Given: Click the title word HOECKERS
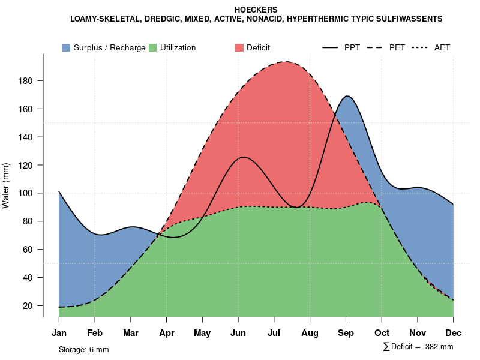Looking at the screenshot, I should pos(256,10).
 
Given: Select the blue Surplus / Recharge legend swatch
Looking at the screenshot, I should pos(66,47).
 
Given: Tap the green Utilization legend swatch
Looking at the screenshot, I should pos(153,47).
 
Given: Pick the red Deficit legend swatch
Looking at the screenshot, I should pos(239,47).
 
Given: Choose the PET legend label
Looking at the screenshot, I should pos(397,47).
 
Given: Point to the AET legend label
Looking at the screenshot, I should pos(442,47).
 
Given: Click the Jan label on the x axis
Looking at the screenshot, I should pos(59,333).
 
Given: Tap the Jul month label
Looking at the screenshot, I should pos(274,333).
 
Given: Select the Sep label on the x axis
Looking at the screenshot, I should pos(346,333).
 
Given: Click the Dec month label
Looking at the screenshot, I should pos(454,333).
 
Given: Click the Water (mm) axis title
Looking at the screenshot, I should pos(6,185).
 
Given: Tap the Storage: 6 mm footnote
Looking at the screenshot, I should pos(83,349).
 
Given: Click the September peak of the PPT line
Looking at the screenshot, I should pos(347,96).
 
